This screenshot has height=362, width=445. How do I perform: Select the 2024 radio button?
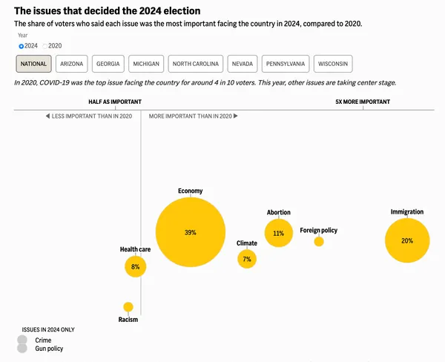(x=22, y=46)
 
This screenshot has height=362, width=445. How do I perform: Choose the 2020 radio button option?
(x=44, y=46)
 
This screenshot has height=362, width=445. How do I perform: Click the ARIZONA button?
(x=72, y=65)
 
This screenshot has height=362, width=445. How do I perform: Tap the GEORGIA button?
(x=108, y=65)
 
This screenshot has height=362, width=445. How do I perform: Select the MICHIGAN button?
(x=146, y=65)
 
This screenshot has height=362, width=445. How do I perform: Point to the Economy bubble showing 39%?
(x=191, y=233)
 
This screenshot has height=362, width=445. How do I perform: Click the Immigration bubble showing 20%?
(x=407, y=240)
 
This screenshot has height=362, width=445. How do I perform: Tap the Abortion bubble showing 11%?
(x=279, y=233)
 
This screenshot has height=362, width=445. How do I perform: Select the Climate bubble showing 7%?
(x=247, y=259)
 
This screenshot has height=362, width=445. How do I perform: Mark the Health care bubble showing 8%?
(x=135, y=266)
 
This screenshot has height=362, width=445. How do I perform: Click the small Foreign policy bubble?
(x=319, y=241)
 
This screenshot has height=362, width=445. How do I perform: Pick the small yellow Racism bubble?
(x=128, y=307)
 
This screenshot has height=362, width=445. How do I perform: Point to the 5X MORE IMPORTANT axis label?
(x=363, y=101)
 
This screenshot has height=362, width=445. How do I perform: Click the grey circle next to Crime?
(x=22, y=340)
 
